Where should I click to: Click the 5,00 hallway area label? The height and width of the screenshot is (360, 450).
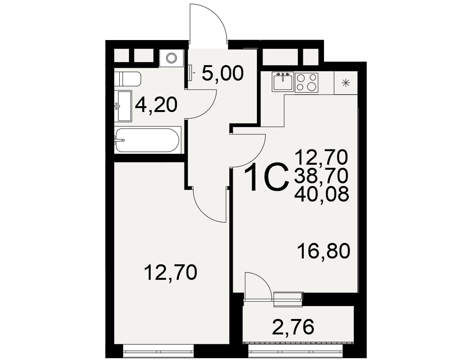(223, 73)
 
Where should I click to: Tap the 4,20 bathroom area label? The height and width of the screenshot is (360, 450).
(157, 105)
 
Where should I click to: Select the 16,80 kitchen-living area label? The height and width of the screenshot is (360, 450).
(324, 251)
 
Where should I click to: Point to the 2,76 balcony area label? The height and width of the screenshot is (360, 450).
(293, 327)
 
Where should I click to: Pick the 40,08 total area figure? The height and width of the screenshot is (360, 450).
(321, 194)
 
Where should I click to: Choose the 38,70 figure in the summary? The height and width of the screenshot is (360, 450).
(321, 175)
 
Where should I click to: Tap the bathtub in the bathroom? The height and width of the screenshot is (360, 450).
(148, 140)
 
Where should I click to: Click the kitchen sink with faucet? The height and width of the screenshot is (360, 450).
(283, 81)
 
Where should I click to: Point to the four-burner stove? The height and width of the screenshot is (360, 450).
(306, 82)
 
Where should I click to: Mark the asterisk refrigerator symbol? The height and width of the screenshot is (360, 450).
(346, 83)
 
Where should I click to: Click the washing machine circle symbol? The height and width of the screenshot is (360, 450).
(171, 58)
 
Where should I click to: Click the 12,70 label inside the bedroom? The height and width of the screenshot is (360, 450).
(171, 272)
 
